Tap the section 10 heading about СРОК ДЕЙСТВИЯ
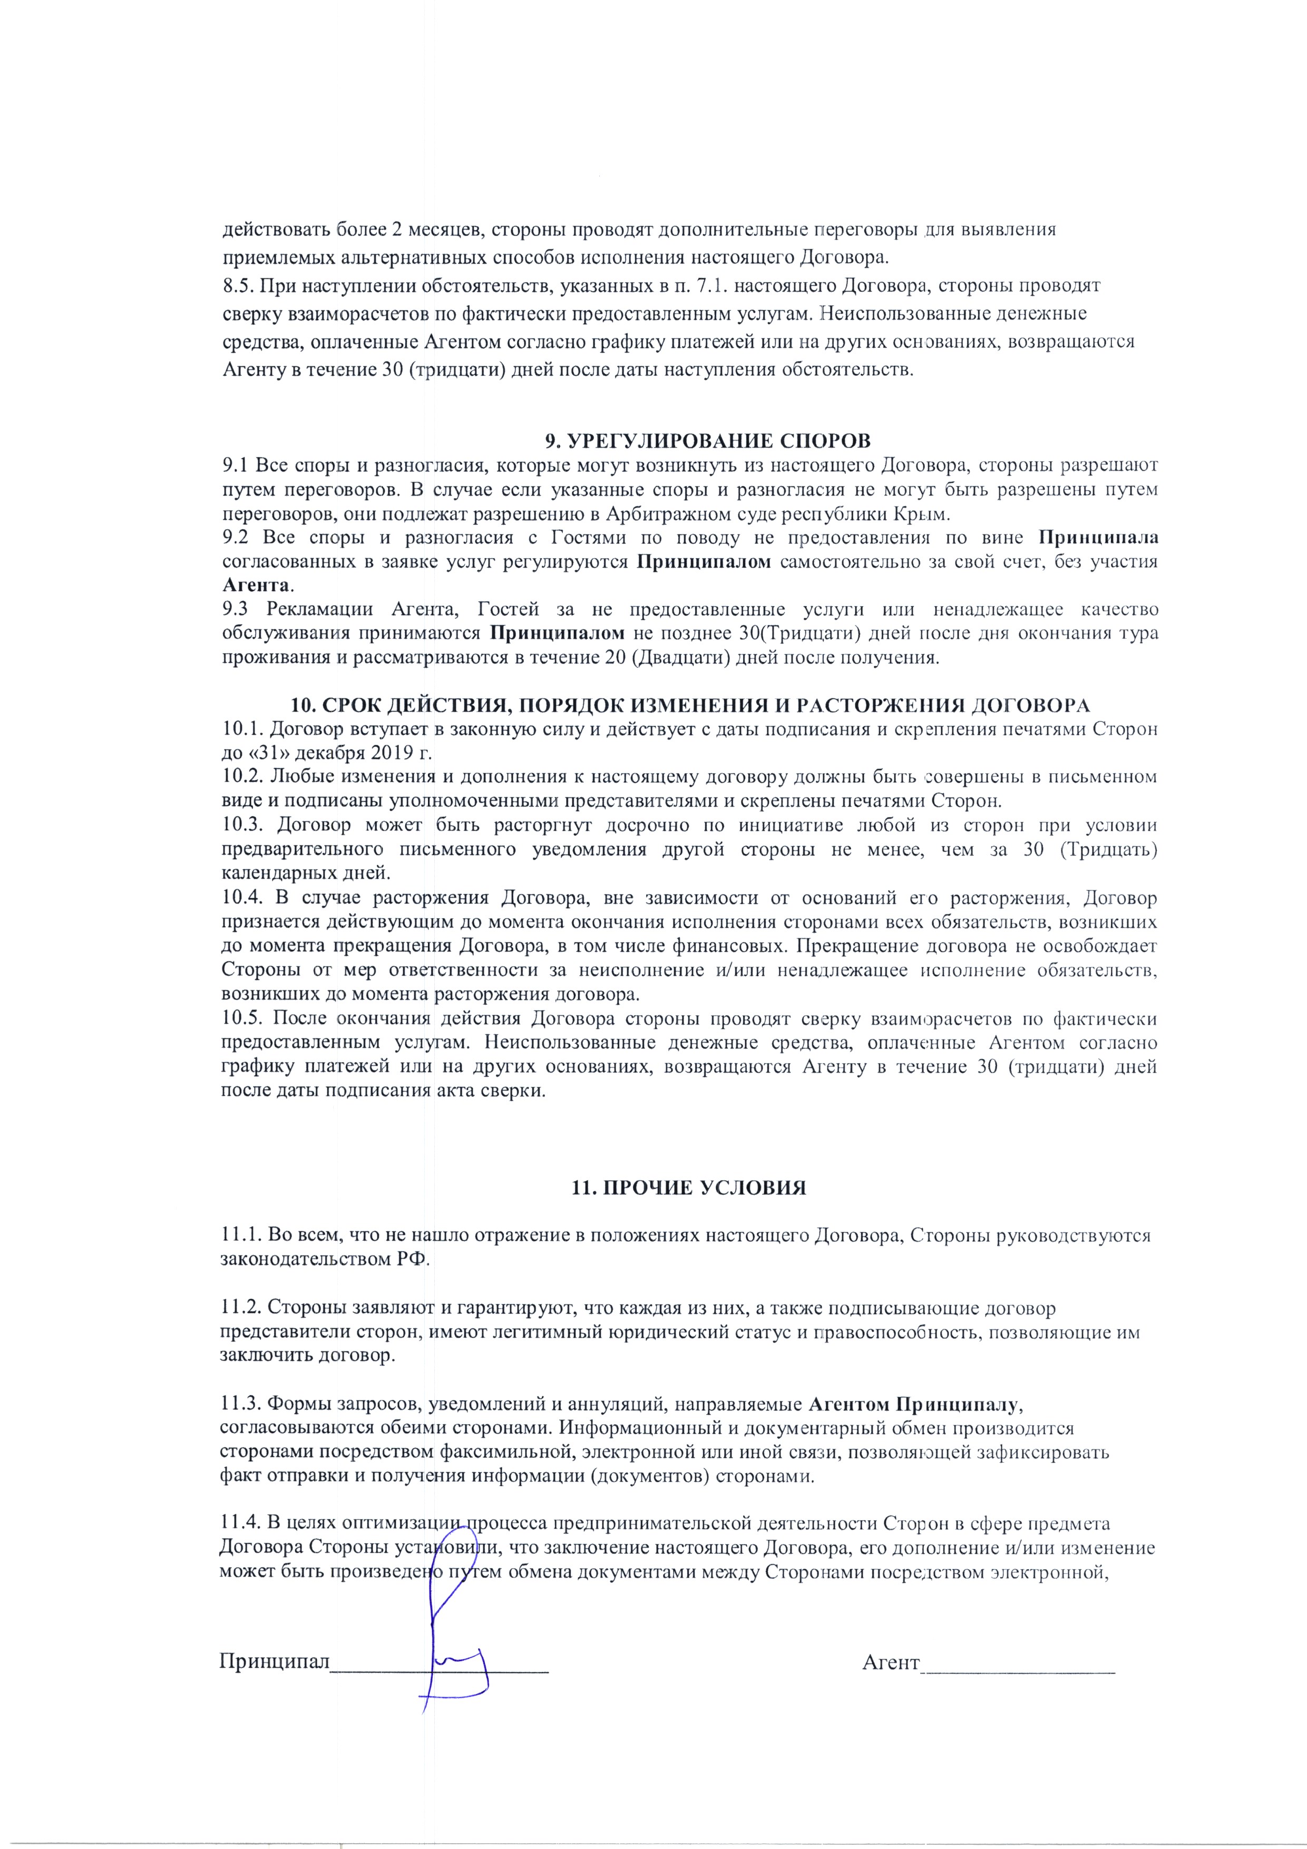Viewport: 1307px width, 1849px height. (690, 705)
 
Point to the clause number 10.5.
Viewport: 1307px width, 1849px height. (242, 1019)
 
